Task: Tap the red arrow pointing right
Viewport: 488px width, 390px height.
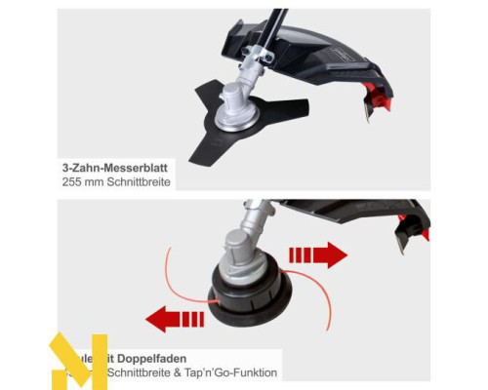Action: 319,256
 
